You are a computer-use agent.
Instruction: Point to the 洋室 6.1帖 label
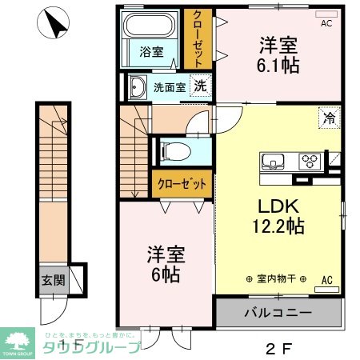click(x=278, y=54)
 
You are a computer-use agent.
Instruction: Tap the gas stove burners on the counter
click(x=309, y=161)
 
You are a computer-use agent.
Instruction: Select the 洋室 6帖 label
click(x=165, y=264)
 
